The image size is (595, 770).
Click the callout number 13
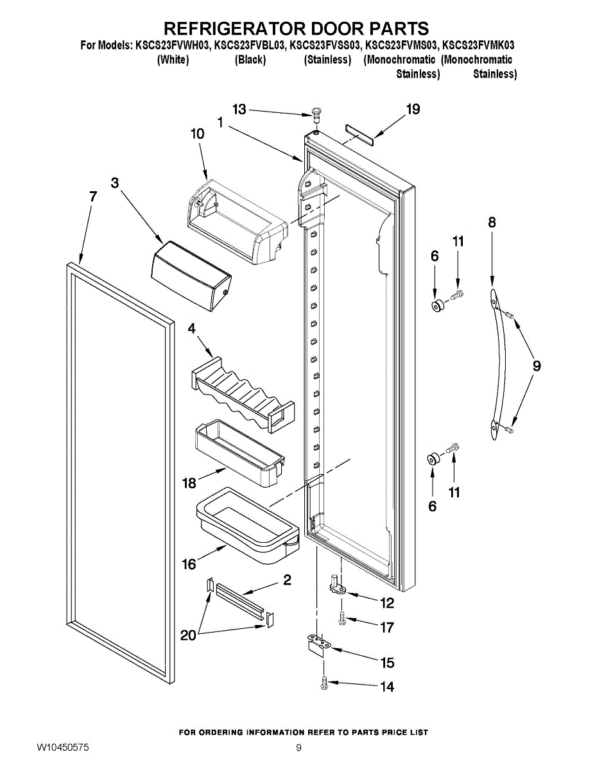pos(239,109)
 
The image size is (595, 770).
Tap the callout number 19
pos(413,109)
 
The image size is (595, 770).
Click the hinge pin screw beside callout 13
pos(315,114)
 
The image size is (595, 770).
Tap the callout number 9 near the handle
pos(537,366)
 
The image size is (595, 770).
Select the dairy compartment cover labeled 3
pos(191,276)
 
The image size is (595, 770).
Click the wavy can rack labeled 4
pos(243,394)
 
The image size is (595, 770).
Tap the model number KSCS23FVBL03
pos(249,46)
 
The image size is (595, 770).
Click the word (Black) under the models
pos(250,60)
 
